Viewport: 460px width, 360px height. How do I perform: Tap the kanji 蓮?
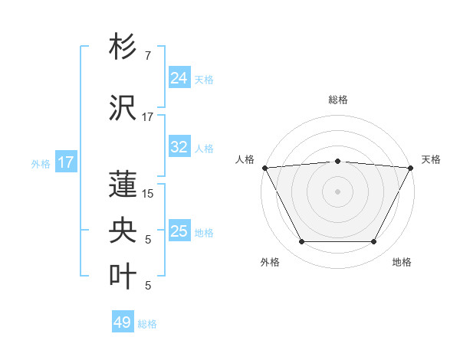(124, 184)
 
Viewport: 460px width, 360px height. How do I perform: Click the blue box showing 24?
(179, 78)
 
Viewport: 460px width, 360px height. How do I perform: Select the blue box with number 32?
(179, 147)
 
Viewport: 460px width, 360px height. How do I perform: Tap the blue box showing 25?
(179, 231)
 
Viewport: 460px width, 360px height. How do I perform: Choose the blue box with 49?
(122, 322)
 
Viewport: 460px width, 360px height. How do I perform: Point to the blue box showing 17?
(65, 162)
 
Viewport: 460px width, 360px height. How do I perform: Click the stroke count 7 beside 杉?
(147, 56)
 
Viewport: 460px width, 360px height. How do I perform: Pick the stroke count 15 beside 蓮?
(148, 194)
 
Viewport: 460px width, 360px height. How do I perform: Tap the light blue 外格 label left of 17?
(41, 163)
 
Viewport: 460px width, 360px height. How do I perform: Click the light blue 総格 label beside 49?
(147, 324)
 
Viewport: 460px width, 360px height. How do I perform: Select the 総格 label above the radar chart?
(337, 100)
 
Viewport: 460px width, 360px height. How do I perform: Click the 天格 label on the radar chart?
(431, 159)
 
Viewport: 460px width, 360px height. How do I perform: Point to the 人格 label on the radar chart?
(245, 159)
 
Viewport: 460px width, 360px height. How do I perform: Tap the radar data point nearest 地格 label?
(374, 242)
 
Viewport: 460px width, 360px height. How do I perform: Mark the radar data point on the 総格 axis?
(337, 161)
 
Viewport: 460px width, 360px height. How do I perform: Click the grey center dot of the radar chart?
(337, 191)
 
